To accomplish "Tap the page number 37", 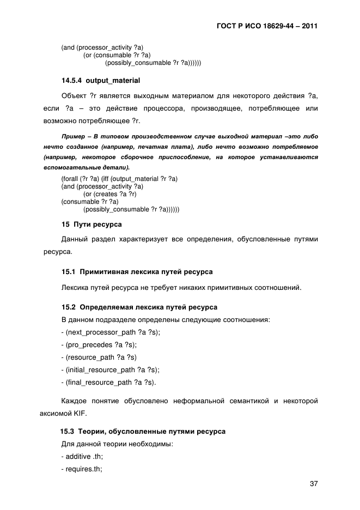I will (313, 483).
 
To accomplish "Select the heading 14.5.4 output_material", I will (101, 81).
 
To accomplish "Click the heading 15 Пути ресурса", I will (91, 224).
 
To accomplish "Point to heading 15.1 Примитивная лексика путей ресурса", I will (137, 271).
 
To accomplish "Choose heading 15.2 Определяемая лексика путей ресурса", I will (139, 307).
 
